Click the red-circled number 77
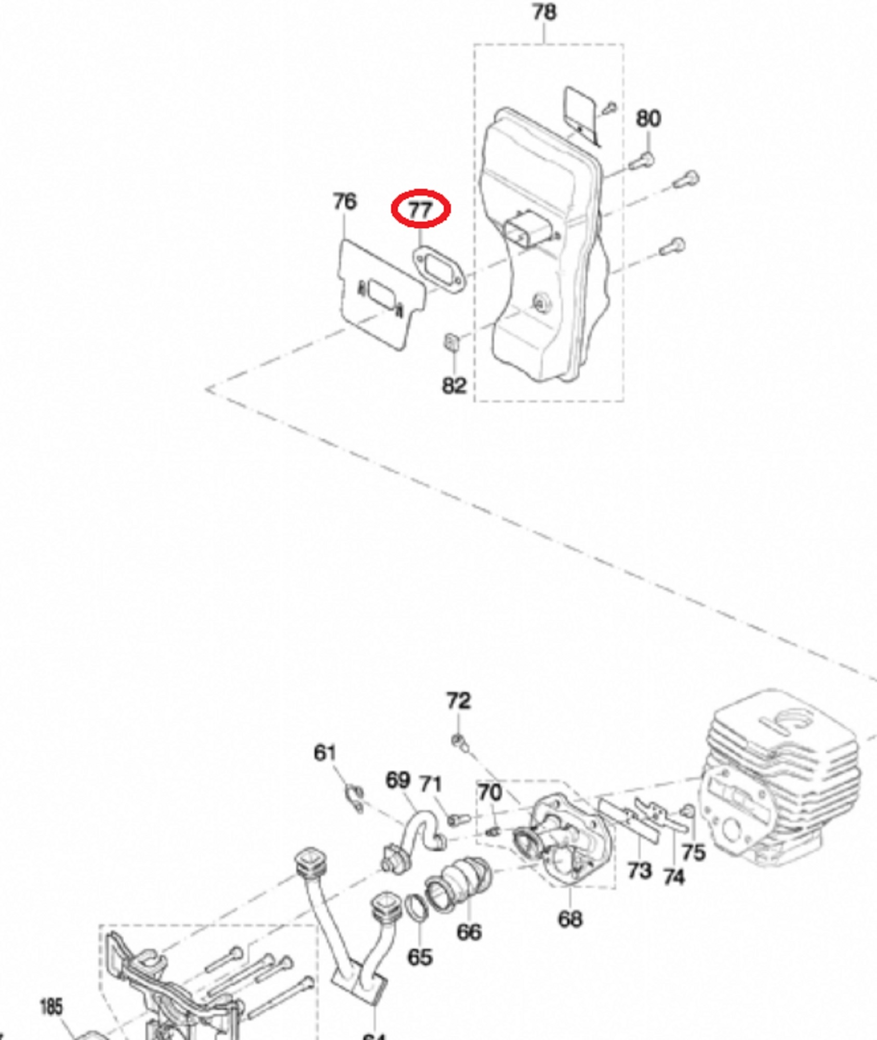[x=420, y=210]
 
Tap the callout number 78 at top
[x=544, y=12]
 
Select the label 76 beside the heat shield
[x=344, y=201]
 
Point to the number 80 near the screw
[x=648, y=119]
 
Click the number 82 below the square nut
[x=454, y=385]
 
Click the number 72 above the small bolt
[x=458, y=701]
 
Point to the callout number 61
[x=325, y=752]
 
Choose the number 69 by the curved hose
[x=398, y=780]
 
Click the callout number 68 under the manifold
[x=569, y=919]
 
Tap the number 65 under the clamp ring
[x=420, y=957]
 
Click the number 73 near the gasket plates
[x=639, y=870]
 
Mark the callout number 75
[x=693, y=852]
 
